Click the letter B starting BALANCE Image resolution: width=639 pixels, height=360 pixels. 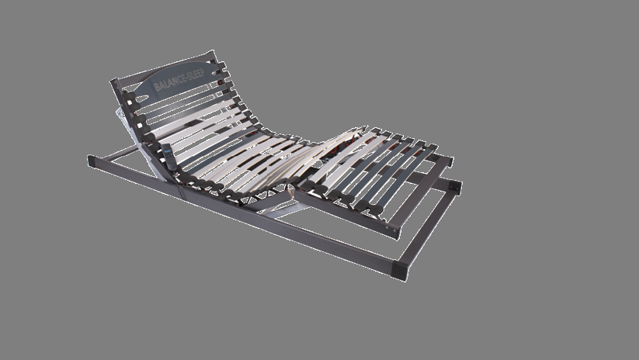tap(156, 87)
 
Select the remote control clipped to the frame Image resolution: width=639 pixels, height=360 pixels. tap(169, 157)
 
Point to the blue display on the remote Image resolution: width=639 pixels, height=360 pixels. tap(167, 150)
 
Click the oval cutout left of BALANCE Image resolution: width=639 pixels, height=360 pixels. tap(142, 99)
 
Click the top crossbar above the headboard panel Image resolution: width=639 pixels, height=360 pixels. tap(163, 66)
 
